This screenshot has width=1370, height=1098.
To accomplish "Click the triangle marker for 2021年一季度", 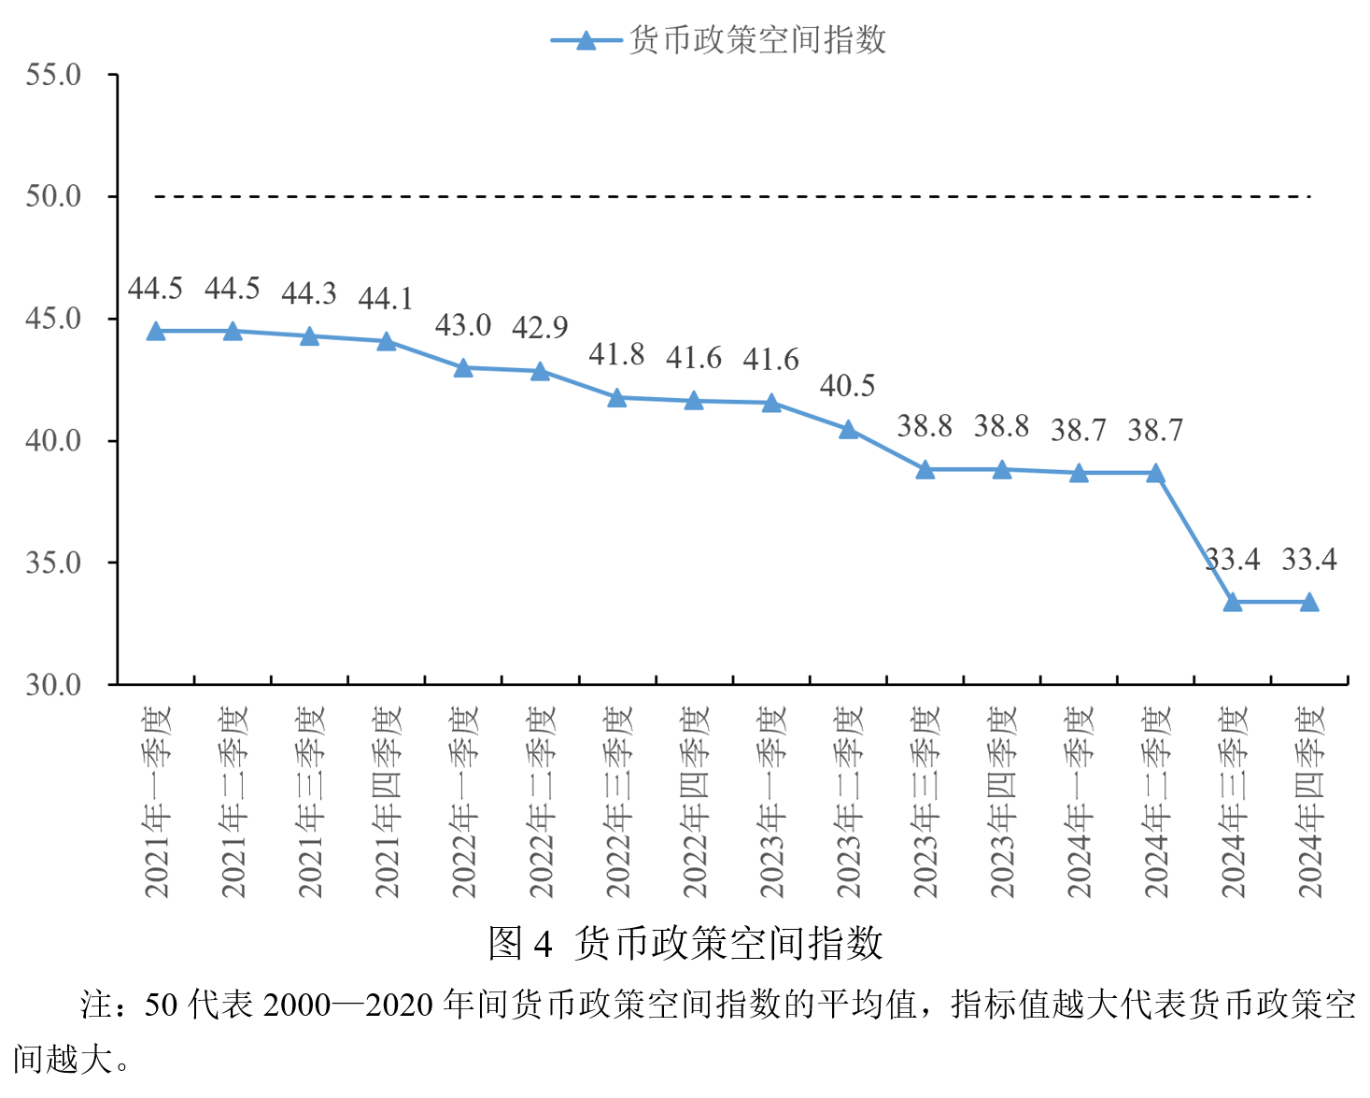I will [156, 332].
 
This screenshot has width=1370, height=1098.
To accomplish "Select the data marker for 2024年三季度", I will [1233, 603].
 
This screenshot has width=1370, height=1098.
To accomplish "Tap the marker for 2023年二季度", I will [848, 430].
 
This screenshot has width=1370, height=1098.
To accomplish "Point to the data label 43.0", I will [463, 325].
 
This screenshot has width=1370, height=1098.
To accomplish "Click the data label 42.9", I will [540, 327].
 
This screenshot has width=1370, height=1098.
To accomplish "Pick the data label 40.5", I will [848, 386].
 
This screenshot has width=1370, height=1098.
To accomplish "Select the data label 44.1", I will [386, 299].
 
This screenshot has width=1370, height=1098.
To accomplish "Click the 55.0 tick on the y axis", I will [53, 75].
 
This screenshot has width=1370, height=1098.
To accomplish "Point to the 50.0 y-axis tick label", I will [53, 196].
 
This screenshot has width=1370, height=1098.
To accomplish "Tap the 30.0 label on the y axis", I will [53, 685].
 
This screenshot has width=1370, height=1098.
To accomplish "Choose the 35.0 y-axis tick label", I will [53, 563].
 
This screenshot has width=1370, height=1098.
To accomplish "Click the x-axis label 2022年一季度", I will [464, 802].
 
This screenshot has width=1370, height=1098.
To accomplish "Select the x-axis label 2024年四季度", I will [1310, 802].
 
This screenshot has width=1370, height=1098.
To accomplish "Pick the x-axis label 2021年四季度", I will [387, 802].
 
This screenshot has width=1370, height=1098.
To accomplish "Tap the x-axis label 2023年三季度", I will [925, 802].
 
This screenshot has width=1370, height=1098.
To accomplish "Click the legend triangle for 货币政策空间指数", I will [586, 40].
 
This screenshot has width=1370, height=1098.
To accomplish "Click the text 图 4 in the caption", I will [520, 943].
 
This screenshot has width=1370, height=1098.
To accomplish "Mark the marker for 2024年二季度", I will [1155, 474].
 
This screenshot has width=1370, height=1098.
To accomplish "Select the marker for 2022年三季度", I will [617, 398].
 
